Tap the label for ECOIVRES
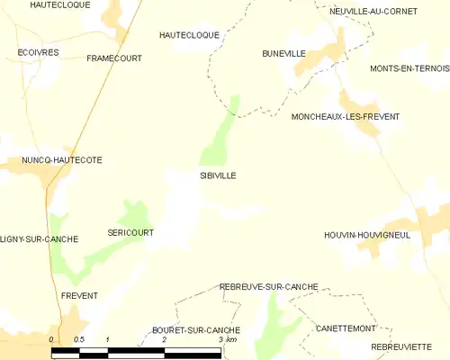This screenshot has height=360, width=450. tap(38, 53)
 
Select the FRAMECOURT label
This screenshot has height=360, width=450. tap(113, 58)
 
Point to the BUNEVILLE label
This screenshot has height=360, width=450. tap(283, 54)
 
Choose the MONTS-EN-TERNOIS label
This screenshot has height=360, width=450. tap(409, 68)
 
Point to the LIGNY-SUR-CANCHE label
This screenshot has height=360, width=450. tap(40, 239)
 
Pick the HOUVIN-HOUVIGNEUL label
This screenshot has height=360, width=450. tap(367, 235)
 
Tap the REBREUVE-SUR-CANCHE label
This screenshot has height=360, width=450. tap(269, 286)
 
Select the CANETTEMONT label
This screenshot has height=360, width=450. tap(345, 329)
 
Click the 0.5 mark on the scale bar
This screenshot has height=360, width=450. tap(79, 339)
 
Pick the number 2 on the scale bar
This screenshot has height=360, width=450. tap(164, 339)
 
